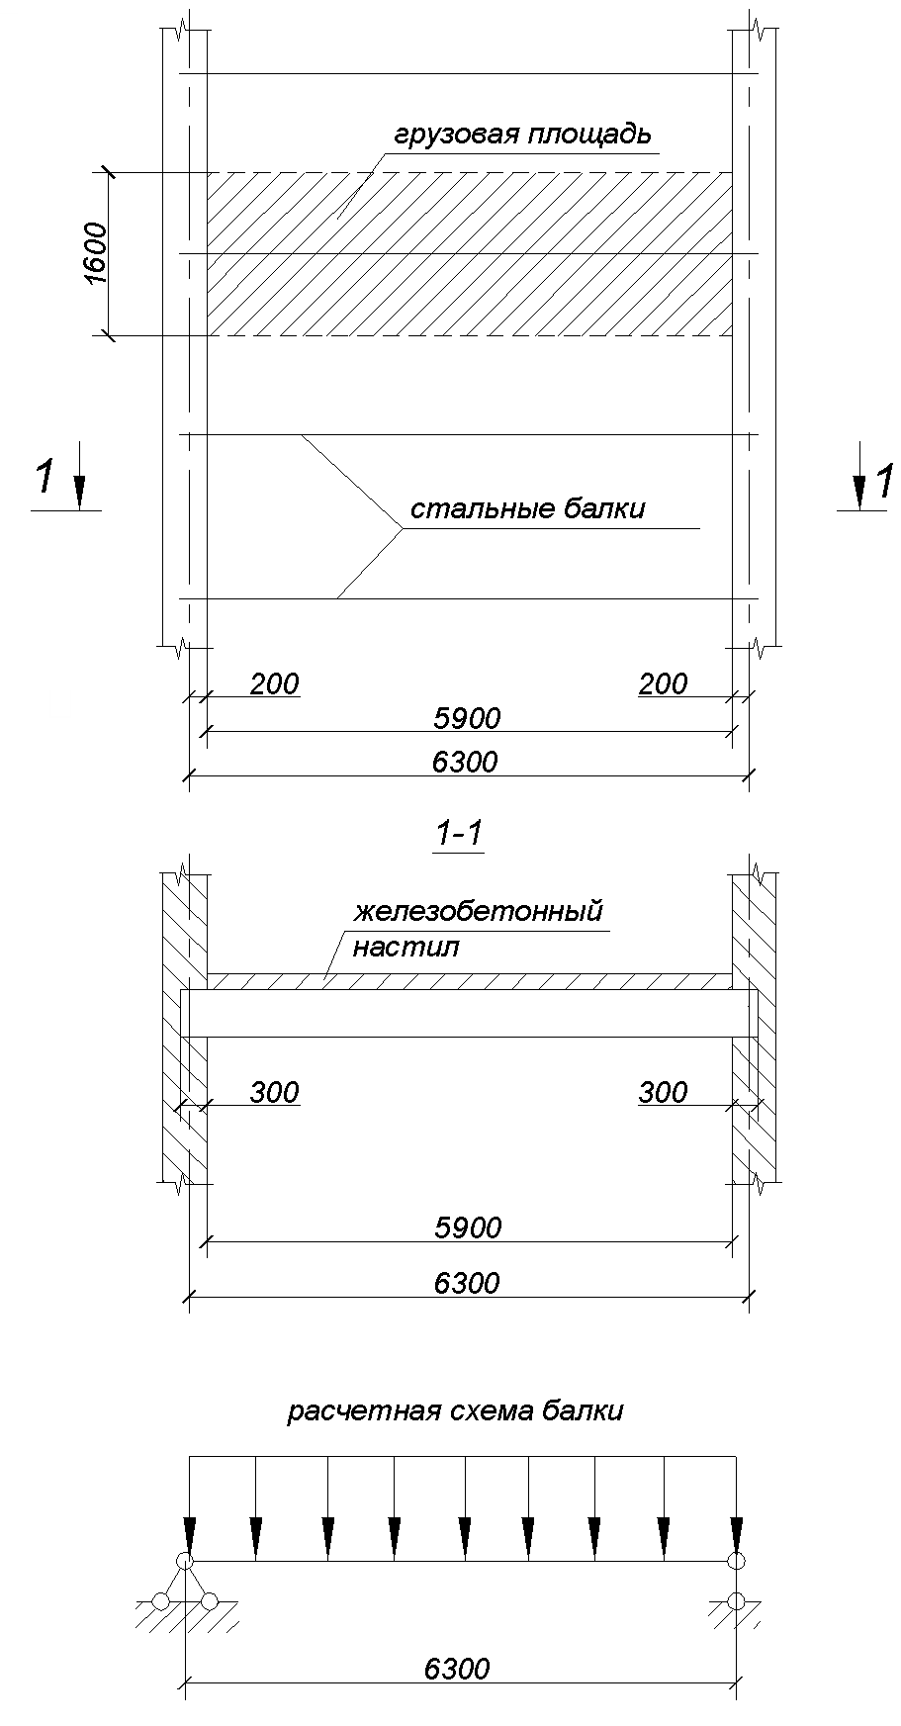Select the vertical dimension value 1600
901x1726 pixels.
95,254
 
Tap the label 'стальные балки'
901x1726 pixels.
527,509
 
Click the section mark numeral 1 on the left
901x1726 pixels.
45,478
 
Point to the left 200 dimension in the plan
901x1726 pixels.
274,683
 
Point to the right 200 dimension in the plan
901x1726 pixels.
663,683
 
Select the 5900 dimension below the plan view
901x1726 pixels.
467,718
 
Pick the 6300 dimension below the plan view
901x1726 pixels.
465,763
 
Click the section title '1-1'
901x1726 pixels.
459,837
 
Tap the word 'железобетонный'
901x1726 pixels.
479,910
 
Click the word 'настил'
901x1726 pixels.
405,948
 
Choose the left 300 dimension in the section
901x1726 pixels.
274,1092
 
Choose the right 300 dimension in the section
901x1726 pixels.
663,1092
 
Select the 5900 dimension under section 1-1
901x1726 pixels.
468,1227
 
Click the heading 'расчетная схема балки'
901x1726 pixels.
455,1411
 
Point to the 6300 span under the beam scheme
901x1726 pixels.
457,1669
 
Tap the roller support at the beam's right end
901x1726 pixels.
735,1583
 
